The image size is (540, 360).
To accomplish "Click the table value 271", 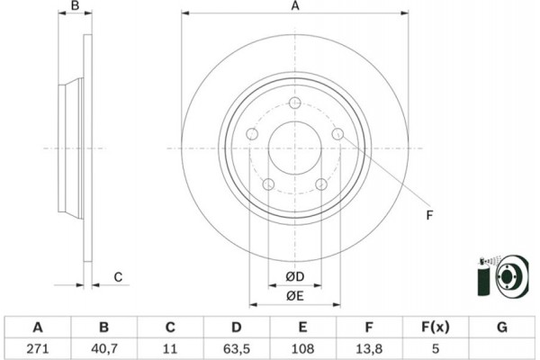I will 38,346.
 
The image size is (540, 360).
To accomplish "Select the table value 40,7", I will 103,346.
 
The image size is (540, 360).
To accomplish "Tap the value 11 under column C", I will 170,346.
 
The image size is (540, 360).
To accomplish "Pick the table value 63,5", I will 237,346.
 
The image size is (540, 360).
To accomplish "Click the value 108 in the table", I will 303,346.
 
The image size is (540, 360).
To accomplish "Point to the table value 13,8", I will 369,346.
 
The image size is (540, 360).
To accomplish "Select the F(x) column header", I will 436,326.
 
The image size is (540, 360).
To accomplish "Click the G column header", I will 502,326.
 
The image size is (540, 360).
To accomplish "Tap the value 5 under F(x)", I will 436,346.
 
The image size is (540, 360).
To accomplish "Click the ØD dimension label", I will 295,276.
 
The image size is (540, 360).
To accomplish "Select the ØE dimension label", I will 295,296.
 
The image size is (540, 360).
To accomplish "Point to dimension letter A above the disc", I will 294,7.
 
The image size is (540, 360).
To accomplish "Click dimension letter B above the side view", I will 76,7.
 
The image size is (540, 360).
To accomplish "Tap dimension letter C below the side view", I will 117,276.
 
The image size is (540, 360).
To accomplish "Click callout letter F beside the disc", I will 429,214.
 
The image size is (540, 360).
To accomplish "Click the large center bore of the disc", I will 294,148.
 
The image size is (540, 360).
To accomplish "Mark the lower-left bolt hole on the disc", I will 268,184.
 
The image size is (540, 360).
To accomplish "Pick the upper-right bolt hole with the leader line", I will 337,135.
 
